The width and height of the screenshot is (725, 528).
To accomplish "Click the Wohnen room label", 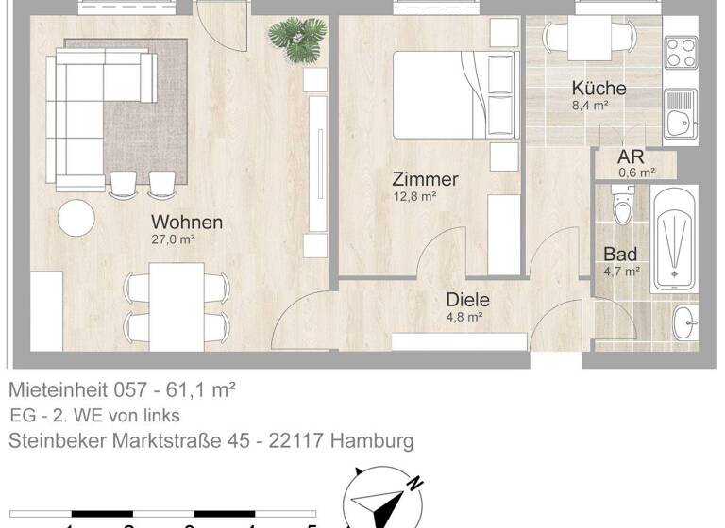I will pos(187,223).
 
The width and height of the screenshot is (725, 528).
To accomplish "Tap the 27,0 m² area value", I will pos(172,240).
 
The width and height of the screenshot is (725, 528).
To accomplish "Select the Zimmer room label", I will pos(425,179).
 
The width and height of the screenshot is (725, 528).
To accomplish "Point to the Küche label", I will pos(599,89).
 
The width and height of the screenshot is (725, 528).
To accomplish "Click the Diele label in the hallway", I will pos(468,300).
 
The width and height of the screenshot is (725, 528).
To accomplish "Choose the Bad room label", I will pos(620,254).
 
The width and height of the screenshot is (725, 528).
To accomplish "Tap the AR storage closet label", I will pos(631,157).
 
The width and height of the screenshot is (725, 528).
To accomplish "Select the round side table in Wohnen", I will pos(76,219).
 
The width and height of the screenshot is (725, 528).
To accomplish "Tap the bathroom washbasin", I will pos(684,322).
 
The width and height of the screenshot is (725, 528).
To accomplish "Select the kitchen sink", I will pos(679,112).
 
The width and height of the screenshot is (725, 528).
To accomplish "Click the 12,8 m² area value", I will pos(414,197).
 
